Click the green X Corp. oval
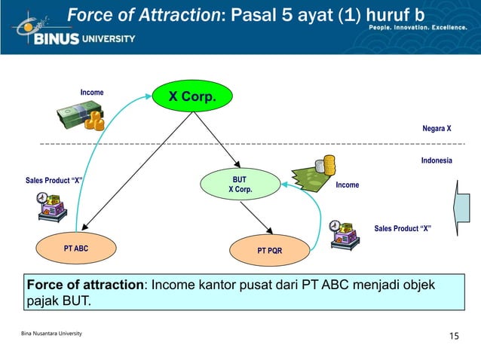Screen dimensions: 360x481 [x=191, y=96]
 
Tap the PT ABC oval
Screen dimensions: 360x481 [x=75, y=248]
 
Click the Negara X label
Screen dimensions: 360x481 [x=437, y=128]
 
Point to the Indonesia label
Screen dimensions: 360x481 [x=436, y=160]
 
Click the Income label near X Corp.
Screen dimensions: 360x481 [x=92, y=93]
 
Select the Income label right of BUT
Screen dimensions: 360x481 [x=348, y=185]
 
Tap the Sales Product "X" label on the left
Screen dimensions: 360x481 [x=54, y=181]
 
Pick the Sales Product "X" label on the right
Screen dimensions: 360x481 [x=403, y=228]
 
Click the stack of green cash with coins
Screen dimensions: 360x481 [x=81, y=117]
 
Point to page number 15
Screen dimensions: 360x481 [x=453, y=335]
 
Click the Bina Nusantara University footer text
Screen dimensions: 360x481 [x=52, y=333]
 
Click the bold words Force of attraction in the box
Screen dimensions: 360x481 [x=85, y=285]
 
